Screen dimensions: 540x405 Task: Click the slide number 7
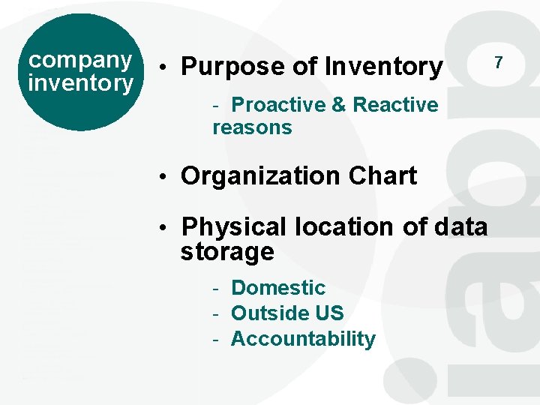(x=499, y=63)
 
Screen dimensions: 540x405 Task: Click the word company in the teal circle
(x=79, y=60)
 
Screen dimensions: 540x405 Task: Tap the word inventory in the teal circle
(x=79, y=82)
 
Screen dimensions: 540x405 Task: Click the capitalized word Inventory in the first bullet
(x=383, y=67)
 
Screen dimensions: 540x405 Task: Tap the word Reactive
(x=395, y=105)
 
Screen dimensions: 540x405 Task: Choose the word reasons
(x=252, y=127)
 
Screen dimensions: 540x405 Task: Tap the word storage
(x=227, y=252)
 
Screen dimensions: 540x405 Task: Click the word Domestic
(x=278, y=288)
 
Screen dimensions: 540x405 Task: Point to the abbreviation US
(x=330, y=313)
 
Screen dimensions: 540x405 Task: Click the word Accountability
(x=303, y=339)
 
